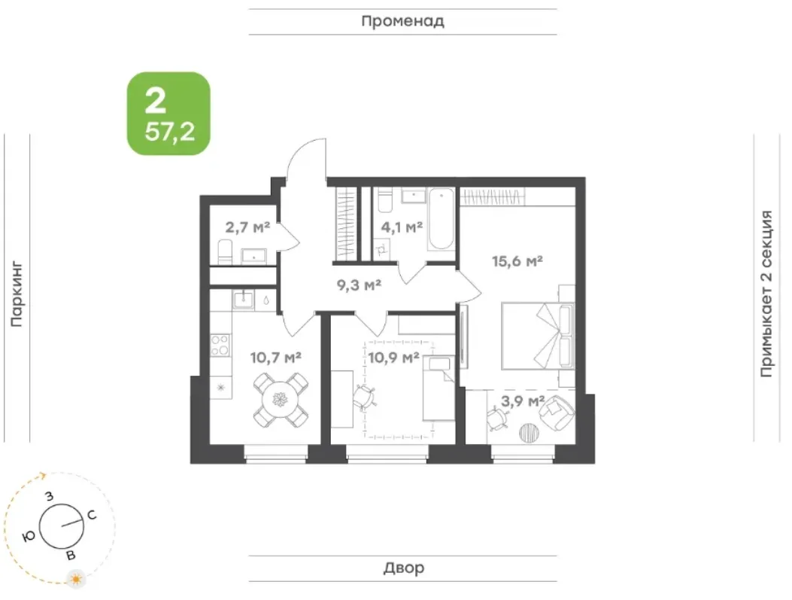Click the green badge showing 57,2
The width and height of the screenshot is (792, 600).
point(168,113)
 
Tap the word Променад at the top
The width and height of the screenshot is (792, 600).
point(403,21)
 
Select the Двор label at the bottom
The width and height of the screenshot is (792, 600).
point(404,568)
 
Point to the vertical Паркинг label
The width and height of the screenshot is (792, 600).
point(17,294)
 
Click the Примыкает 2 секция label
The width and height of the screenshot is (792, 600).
point(766,294)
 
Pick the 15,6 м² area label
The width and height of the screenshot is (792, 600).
point(517,261)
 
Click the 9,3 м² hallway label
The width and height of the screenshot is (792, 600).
point(359,285)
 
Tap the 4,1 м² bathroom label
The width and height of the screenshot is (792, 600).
point(402,227)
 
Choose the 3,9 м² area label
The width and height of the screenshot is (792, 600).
point(522,401)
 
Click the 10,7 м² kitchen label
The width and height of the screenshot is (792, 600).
point(276,358)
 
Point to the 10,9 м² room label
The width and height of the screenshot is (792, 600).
point(393,358)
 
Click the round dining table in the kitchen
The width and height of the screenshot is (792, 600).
point(281,400)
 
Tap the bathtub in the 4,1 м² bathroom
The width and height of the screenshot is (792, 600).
point(441,219)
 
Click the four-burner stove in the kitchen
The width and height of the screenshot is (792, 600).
point(220,346)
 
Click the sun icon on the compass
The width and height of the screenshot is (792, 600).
point(77,579)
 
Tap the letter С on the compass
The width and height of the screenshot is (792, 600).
point(92,515)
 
